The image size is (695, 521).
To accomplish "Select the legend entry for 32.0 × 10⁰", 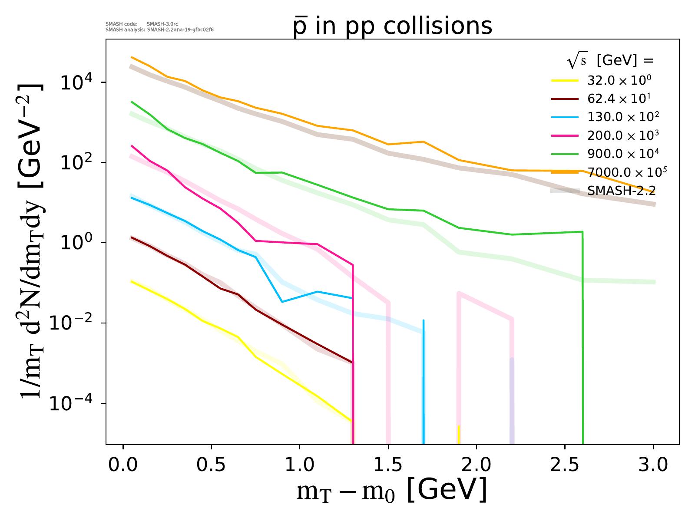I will point(619,80).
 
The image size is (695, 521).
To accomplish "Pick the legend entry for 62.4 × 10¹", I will point(619,99).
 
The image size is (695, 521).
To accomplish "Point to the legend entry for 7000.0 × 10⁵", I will point(627,172).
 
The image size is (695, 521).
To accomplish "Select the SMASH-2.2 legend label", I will point(621,191).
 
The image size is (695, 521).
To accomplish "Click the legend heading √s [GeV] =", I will point(610,61).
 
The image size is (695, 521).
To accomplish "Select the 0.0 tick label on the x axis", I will point(123,465).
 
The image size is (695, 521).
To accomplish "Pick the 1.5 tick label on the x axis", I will point(388,465).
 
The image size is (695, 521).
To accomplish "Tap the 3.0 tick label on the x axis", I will point(653,465).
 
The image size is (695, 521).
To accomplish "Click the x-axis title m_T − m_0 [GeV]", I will point(391,491).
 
